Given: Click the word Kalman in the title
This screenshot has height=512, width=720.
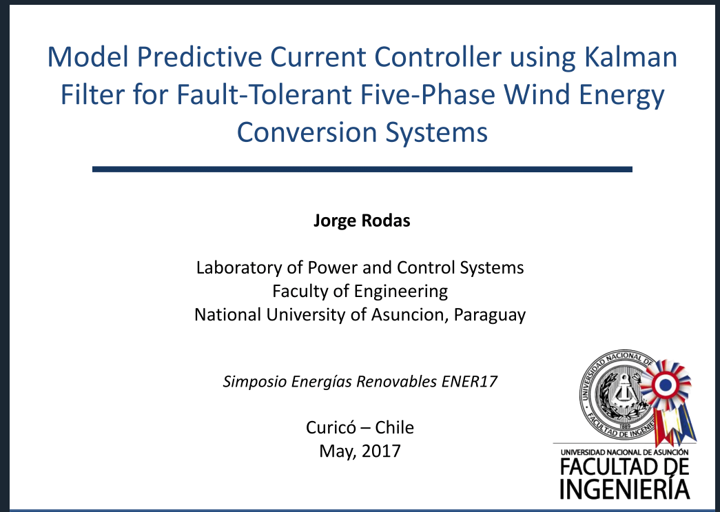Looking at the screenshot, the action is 630,57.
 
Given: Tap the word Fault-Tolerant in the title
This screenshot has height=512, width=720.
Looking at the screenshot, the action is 264,94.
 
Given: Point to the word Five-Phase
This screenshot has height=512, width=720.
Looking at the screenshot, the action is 428,94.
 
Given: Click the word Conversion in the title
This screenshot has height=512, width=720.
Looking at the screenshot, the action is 307,132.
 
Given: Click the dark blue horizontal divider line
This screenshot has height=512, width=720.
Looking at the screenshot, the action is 362,170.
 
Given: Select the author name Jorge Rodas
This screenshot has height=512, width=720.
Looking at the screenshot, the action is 362,221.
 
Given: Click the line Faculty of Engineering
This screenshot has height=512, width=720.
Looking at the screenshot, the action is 360,291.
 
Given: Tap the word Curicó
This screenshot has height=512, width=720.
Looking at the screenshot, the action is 330,427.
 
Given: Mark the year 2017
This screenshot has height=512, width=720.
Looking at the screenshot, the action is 381,451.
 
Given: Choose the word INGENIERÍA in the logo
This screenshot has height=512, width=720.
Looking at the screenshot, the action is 624,489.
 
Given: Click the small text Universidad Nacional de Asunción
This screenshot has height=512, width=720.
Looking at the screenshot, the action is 624,452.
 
